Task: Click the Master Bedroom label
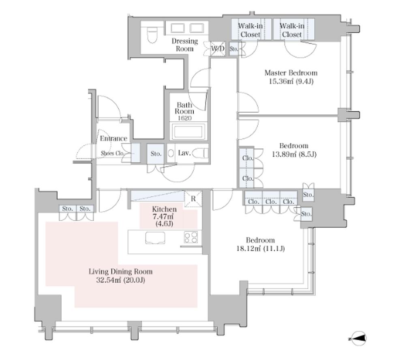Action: pyautogui.click(x=291, y=73)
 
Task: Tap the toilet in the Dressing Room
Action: pyautogui.click(x=152, y=35)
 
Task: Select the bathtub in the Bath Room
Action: pyautogui.click(x=188, y=132)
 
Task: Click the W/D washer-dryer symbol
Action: pyautogui.click(x=218, y=49)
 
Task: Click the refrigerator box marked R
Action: pyautogui.click(x=193, y=198)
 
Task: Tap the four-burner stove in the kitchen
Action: pyautogui.click(x=191, y=237)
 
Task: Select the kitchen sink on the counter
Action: pyautogui.click(x=155, y=238)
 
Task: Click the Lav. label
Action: pyautogui.click(x=184, y=153)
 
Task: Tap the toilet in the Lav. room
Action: pyautogui.click(x=200, y=153)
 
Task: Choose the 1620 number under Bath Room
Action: pyautogui.click(x=184, y=118)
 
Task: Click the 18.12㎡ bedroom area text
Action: pyautogui.click(x=248, y=249)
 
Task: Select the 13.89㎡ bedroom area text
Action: pyautogui.click(x=284, y=154)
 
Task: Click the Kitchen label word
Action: pyautogui.click(x=164, y=209)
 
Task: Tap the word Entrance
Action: pyautogui.click(x=113, y=138)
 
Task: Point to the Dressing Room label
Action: pyautogui.click(x=185, y=45)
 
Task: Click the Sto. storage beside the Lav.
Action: pyautogui.click(x=156, y=153)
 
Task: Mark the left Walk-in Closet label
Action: pyautogui.click(x=250, y=30)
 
